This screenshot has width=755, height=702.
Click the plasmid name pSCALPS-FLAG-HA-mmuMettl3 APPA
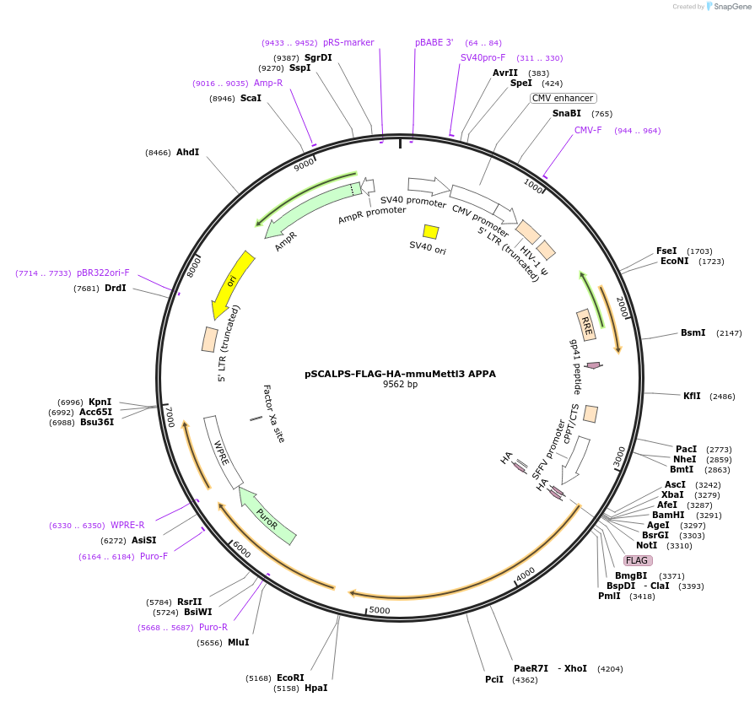(400, 373)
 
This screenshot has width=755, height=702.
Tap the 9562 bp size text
(400, 385)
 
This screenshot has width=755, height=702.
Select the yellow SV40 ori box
(430, 231)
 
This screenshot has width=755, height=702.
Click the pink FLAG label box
(638, 560)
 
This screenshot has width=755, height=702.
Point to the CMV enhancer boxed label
(563, 98)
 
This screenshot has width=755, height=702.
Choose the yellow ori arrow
(230, 284)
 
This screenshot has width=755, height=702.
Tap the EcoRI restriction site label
(290, 678)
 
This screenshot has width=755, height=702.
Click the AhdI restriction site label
(187, 152)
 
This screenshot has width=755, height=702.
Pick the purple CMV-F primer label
(588, 130)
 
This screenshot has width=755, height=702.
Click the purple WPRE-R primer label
(127, 525)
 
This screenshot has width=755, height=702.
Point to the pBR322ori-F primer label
(103, 273)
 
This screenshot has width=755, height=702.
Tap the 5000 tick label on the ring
(380, 610)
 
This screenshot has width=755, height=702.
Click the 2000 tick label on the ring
(623, 307)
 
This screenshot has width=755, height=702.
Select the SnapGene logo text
(731, 7)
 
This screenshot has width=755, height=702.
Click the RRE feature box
(586, 324)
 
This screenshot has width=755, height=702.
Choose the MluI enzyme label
(238, 642)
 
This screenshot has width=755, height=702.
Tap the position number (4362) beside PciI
(524, 679)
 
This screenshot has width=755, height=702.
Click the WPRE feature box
(223, 451)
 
